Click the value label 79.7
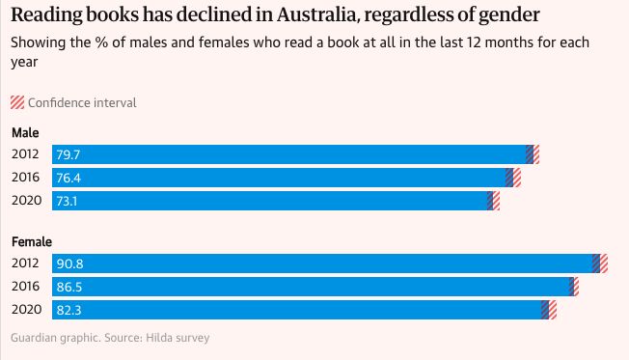coord(68,155)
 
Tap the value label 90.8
coord(69,263)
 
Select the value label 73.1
coord(67,201)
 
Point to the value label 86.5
coord(69,287)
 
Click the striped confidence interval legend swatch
coord(17,102)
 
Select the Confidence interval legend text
coord(82,102)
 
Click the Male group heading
coord(25,133)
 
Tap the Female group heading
coord(32,242)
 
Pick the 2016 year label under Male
coord(26,177)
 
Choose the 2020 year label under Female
coord(26,310)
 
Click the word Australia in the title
coord(316,14)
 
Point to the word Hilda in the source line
coord(158,338)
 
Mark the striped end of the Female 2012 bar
coord(600,263)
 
